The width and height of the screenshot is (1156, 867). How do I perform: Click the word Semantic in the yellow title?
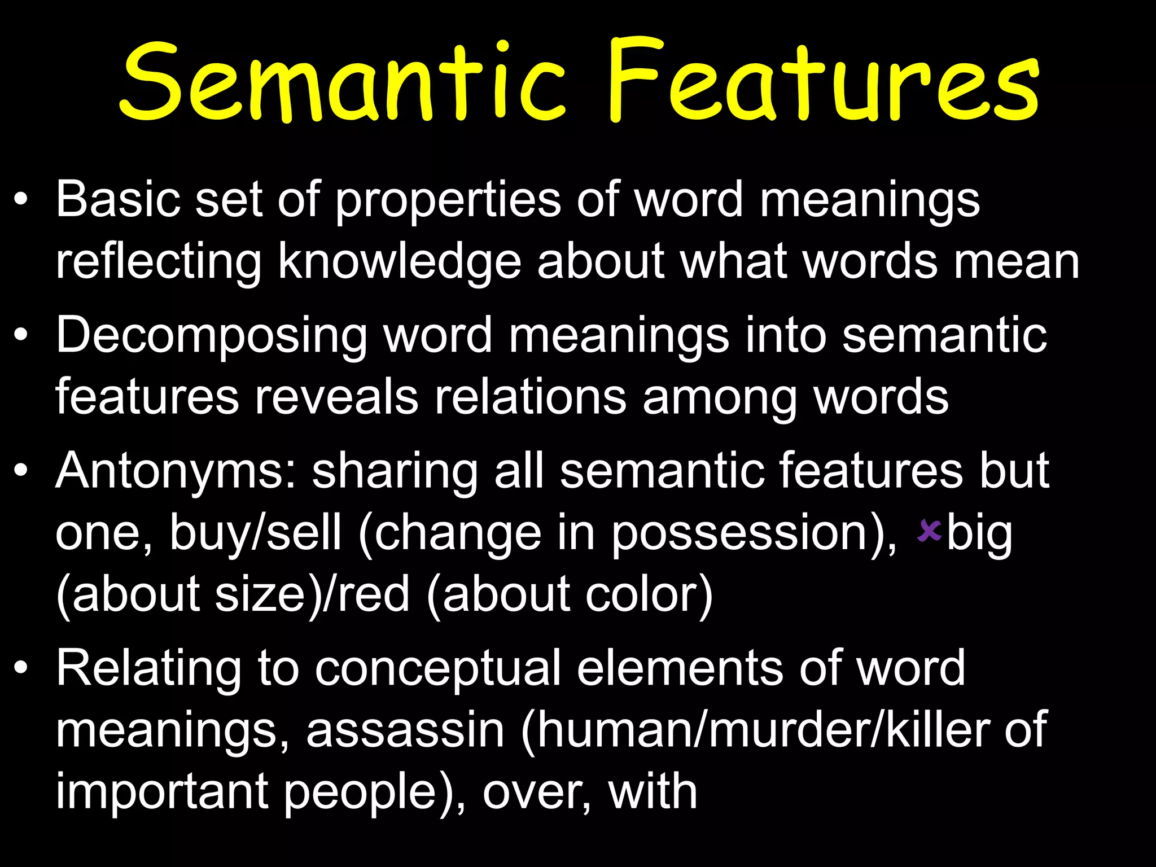point(341,82)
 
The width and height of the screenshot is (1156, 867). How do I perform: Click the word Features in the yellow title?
point(824,82)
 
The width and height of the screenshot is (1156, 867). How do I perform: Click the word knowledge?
point(400,262)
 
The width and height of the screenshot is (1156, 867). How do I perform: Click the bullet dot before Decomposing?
point(21,335)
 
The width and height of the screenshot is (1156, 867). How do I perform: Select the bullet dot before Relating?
point(21,668)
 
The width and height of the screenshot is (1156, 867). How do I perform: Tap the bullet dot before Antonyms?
point(21,471)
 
